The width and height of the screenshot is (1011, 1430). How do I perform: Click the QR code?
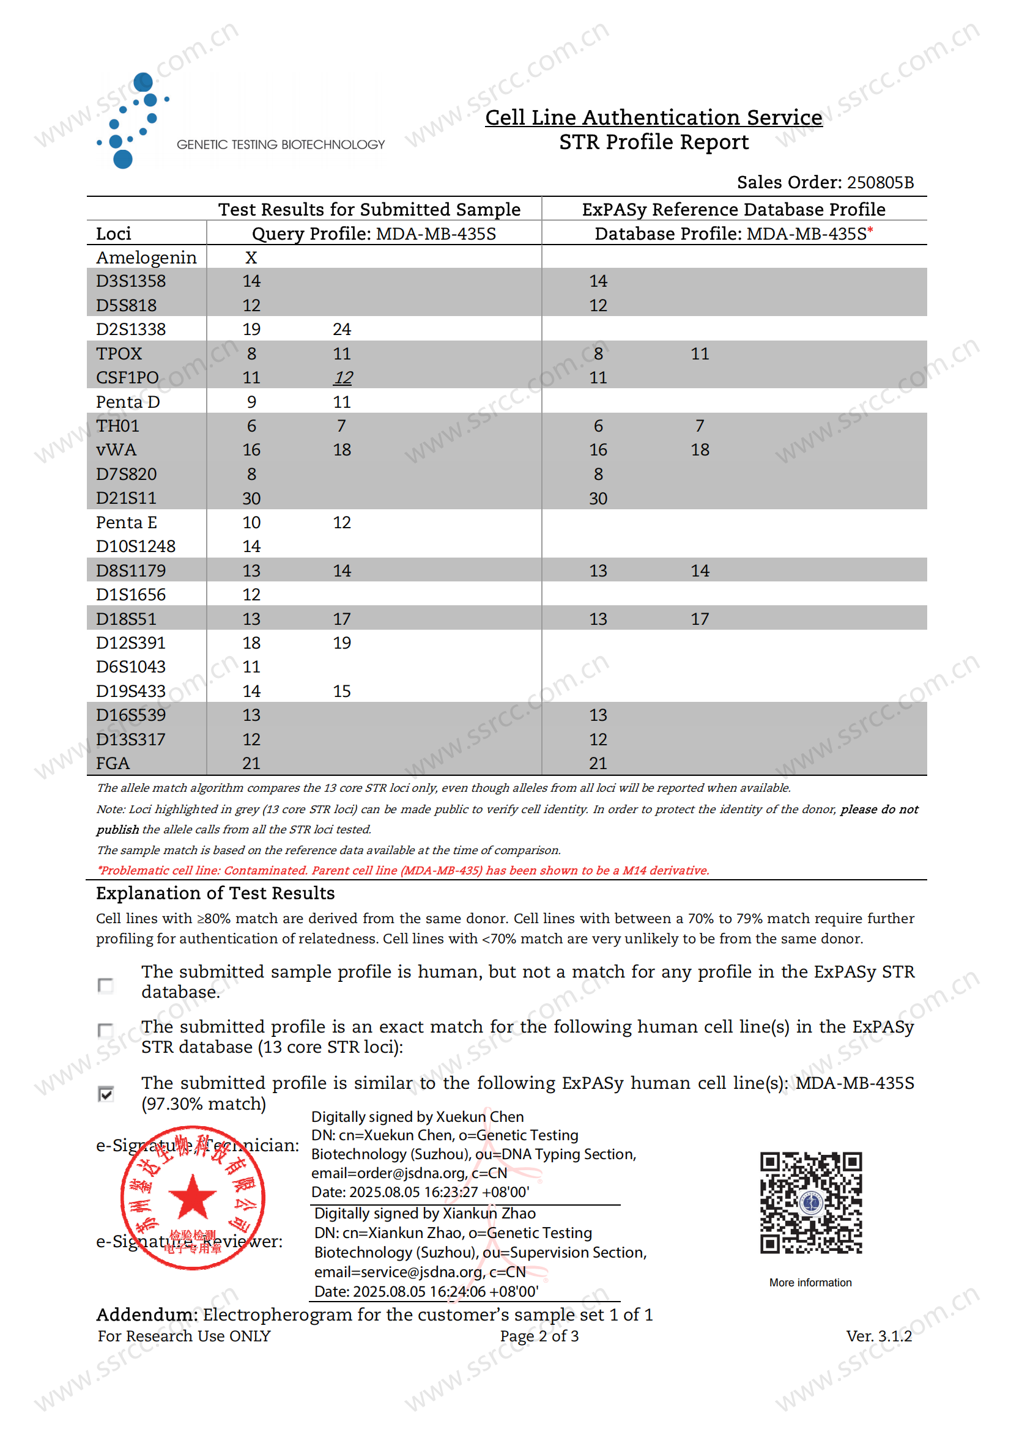[810, 1202]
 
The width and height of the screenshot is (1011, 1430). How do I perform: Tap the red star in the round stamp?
[193, 1196]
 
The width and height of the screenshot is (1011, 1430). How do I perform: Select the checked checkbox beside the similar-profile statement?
[106, 1094]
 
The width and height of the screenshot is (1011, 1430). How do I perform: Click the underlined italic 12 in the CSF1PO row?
[343, 377]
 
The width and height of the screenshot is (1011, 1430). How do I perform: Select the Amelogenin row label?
[146, 257]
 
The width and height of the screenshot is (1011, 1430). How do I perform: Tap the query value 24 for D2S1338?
[341, 329]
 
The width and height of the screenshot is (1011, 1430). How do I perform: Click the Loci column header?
[113, 234]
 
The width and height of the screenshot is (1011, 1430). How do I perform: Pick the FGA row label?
[113, 763]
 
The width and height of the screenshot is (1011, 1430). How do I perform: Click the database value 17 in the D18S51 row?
[700, 619]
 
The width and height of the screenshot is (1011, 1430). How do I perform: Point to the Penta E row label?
[127, 522]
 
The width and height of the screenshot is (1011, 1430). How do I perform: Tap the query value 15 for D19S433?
[341, 691]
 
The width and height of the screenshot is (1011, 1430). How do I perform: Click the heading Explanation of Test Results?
[215, 893]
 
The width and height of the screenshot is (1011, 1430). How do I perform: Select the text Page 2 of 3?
[539, 1336]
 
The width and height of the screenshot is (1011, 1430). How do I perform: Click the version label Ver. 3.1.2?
[878, 1336]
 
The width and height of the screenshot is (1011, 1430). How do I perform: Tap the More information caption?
[810, 1283]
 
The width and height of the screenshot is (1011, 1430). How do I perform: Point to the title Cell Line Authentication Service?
[653, 117]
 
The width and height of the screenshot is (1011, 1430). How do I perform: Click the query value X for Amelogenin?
[251, 257]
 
